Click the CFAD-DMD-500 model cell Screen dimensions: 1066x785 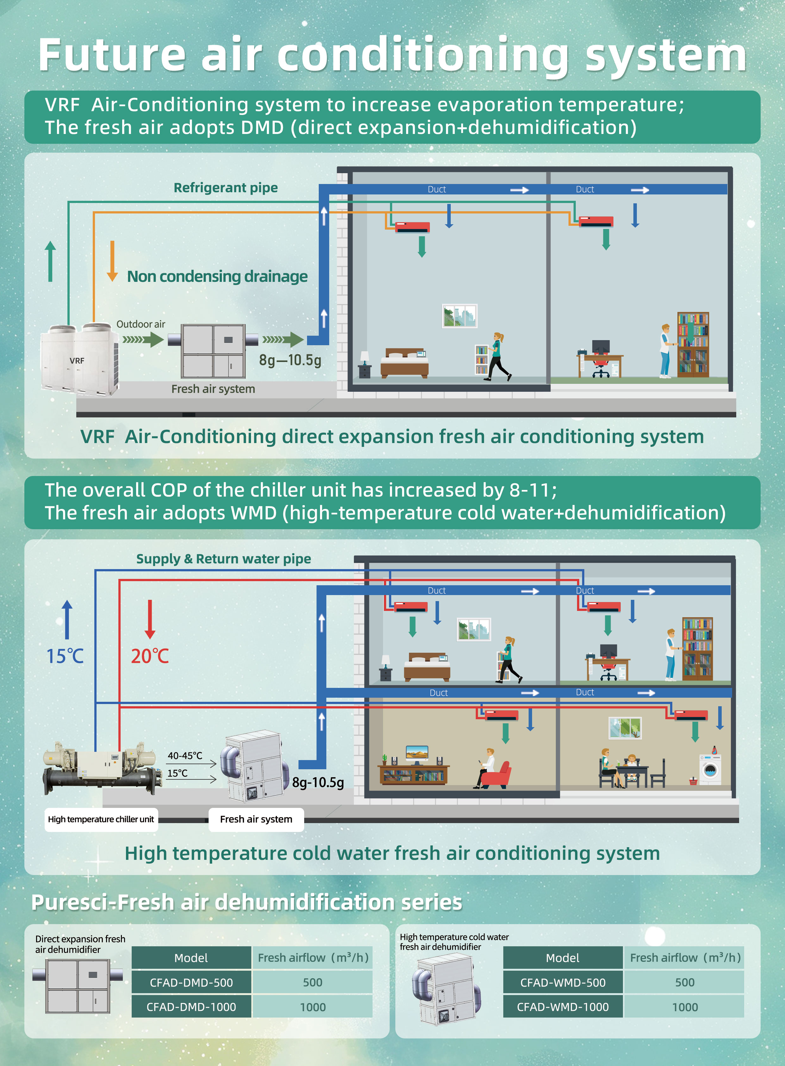click(191, 982)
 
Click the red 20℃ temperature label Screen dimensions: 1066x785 click(150, 656)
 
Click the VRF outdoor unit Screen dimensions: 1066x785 click(79, 359)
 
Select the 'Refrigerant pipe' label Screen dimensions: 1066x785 click(226, 188)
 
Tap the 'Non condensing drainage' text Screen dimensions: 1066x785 click(217, 276)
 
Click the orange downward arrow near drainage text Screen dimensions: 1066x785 click(112, 261)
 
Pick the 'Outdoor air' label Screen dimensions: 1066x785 click(141, 324)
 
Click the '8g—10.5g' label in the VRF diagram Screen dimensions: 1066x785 click(290, 360)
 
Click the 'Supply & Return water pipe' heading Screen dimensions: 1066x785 click(223, 559)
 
